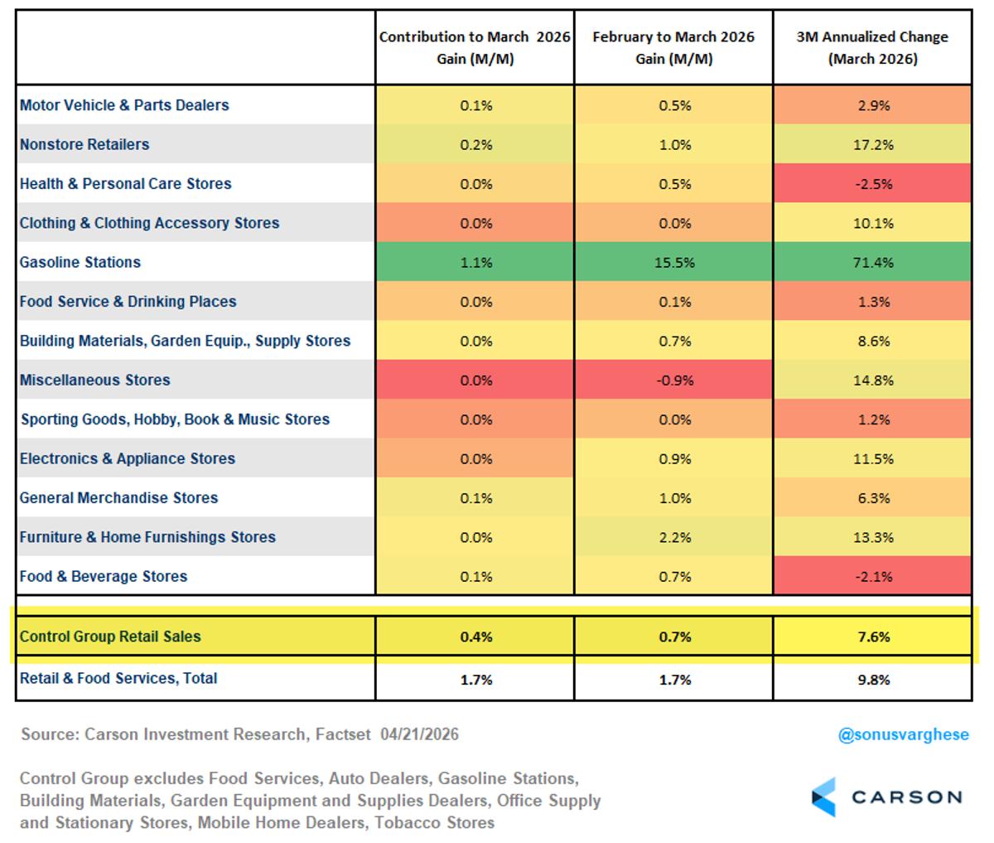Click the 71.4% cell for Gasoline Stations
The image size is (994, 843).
click(873, 263)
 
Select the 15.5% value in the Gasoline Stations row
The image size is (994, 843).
click(674, 263)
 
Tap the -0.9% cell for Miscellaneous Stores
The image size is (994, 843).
click(674, 380)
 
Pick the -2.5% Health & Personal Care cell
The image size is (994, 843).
click(873, 184)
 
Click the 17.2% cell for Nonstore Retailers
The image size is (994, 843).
click(873, 145)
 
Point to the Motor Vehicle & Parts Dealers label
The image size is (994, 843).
click(124, 105)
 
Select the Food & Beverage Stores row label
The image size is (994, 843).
click(104, 577)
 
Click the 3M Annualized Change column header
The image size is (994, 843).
click(873, 48)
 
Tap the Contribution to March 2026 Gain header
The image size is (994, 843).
click(475, 48)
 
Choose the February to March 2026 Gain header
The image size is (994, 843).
click(673, 48)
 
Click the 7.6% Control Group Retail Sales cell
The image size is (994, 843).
click(873, 637)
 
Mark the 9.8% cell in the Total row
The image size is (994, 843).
click(873, 680)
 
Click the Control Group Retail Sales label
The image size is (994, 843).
click(110, 637)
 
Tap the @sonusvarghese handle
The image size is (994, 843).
click(903, 735)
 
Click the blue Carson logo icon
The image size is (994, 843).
click(825, 797)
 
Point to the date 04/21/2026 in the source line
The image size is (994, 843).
click(420, 734)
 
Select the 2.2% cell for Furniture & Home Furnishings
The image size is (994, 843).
click(674, 538)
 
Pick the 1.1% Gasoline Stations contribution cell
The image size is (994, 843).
click(475, 263)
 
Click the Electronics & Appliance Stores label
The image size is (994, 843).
click(128, 459)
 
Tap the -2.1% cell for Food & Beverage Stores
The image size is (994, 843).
click(873, 577)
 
